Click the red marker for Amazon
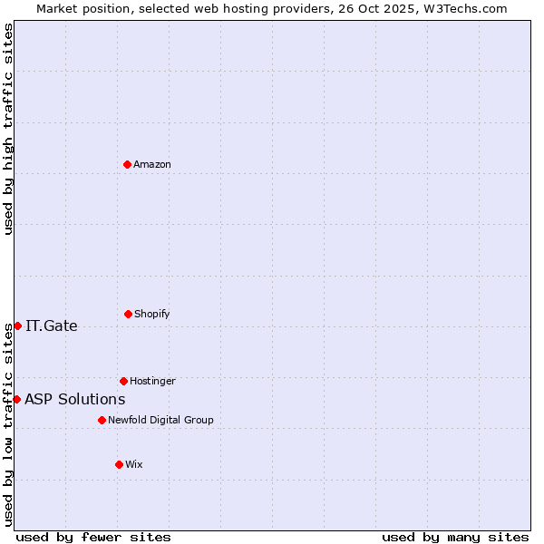tap(128, 164)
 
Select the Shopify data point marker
tap(128, 314)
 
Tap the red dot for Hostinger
tap(123, 381)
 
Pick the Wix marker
tap(119, 464)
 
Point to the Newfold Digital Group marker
tap(102, 420)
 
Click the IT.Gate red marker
tap(17, 325)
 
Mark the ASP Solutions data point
tap(16, 399)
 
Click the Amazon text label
tap(152, 164)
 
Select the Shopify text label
tap(152, 314)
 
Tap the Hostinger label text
tap(152, 381)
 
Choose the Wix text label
tap(134, 464)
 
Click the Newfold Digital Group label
tap(160, 420)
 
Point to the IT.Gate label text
tap(52, 326)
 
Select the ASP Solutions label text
tap(75, 399)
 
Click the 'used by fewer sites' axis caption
tap(93, 537)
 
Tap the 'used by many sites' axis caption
tap(455, 537)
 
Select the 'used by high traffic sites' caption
tap(8, 129)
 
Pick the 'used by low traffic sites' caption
tap(8, 423)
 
